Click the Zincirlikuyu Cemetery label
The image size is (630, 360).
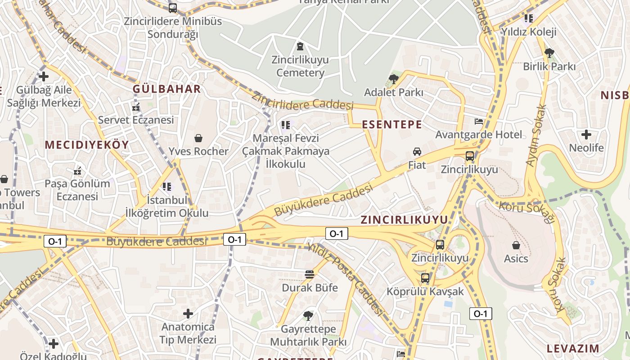pyautogui.click(x=300, y=66)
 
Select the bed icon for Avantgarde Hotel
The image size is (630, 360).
pyautogui.click(x=479, y=121)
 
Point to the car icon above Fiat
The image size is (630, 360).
pyautogui.click(x=417, y=152)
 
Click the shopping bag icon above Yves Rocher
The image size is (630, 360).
pyautogui.click(x=198, y=138)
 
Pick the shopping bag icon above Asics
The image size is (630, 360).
pyautogui.click(x=516, y=245)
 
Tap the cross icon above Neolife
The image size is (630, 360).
pyautogui.click(x=586, y=134)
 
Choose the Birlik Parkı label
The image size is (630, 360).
pyautogui.click(x=549, y=67)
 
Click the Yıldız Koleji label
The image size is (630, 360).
pyautogui.click(x=529, y=32)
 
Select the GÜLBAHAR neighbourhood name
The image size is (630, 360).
pyautogui.click(x=166, y=89)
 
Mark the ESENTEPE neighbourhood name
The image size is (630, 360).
pyautogui.click(x=392, y=125)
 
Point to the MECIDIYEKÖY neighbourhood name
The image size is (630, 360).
pyautogui.click(x=87, y=145)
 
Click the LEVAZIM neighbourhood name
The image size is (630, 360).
pyautogui.click(x=572, y=348)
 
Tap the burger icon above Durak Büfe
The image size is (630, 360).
pyautogui.click(x=309, y=274)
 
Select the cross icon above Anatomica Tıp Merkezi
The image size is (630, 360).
pyautogui.click(x=188, y=313)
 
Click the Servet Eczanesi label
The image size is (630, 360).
pyautogui.click(x=135, y=120)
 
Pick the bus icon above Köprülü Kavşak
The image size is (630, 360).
pyautogui.click(x=425, y=278)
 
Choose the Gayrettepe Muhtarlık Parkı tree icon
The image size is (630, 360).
pyautogui.click(x=308, y=315)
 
